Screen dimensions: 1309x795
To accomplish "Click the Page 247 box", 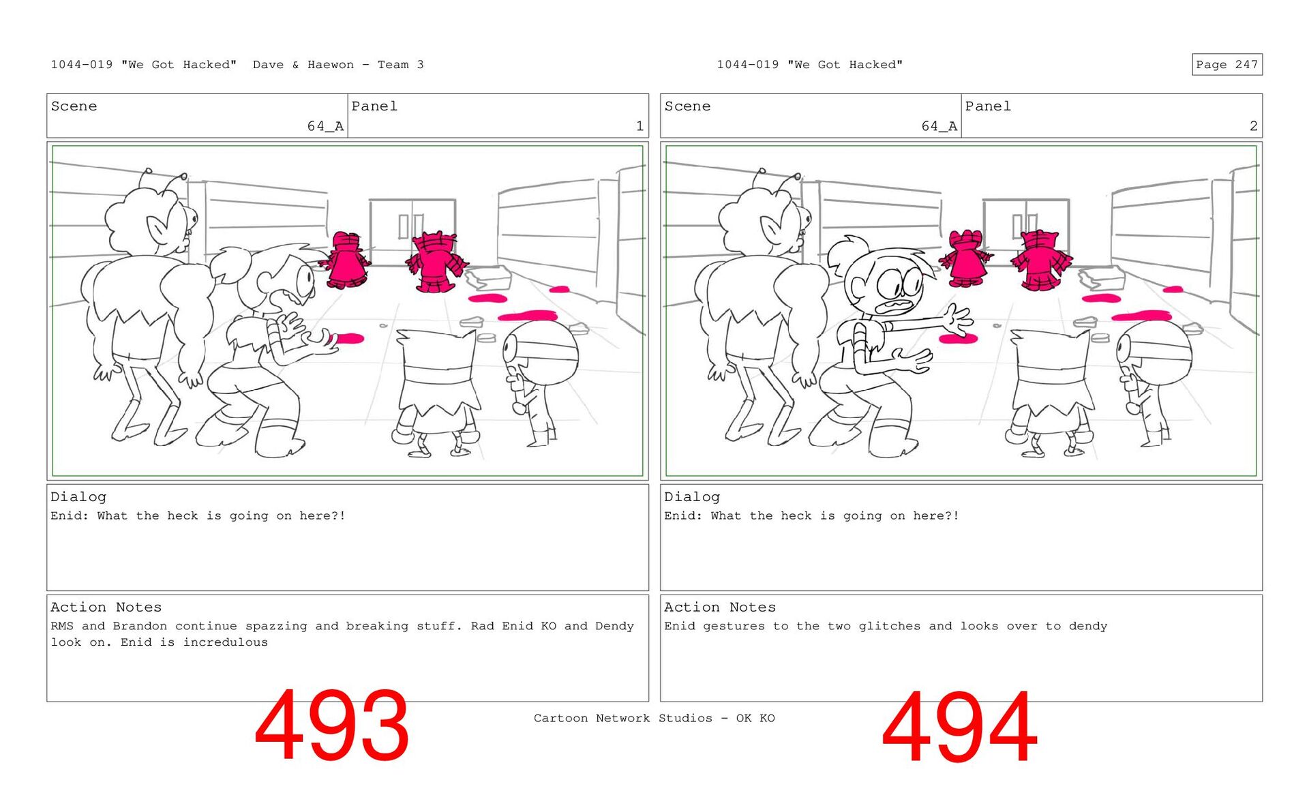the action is pyautogui.click(x=1227, y=64).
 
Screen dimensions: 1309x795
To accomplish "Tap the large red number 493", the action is pyautogui.click(x=332, y=725).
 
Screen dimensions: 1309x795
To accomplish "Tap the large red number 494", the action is pyautogui.click(x=959, y=727).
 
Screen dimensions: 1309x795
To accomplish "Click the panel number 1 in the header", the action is pyautogui.click(x=640, y=126).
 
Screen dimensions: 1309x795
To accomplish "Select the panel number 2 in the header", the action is pyautogui.click(x=1253, y=126).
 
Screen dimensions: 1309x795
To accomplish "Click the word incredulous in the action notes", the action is pyautogui.click(x=226, y=642).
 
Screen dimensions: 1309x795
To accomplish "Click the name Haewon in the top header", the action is pyautogui.click(x=331, y=65).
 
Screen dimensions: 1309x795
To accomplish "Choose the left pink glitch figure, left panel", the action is pyautogui.click(x=347, y=260).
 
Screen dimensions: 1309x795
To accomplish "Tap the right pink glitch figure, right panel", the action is pyautogui.click(x=1040, y=260).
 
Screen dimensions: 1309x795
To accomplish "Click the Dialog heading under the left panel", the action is pyautogui.click(x=78, y=497).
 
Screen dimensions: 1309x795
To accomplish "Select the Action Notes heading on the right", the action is pyautogui.click(x=720, y=607).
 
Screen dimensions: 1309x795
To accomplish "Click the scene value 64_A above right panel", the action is pyautogui.click(x=939, y=126).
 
